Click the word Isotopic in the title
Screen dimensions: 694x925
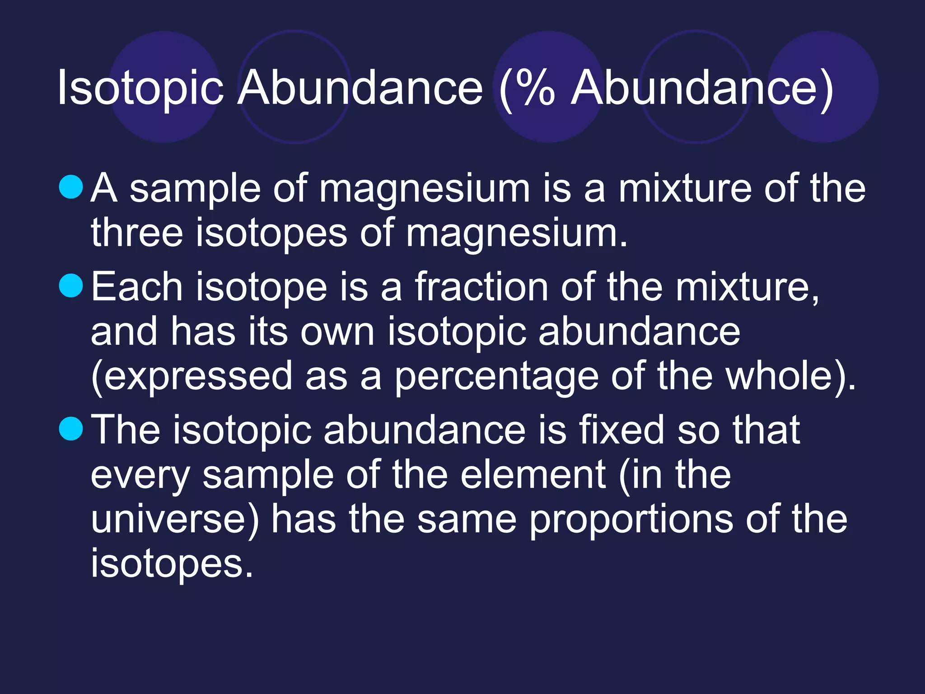140,88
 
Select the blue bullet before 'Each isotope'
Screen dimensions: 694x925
71,286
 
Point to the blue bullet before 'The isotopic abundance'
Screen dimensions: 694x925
71,428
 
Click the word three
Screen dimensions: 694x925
137,233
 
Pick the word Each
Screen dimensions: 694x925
137,286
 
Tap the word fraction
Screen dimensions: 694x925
481,286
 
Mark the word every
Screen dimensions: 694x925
140,475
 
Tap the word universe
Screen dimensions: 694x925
172,520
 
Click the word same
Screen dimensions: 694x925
467,520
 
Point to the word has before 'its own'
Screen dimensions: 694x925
203,332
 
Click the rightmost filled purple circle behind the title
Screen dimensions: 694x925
823,87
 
